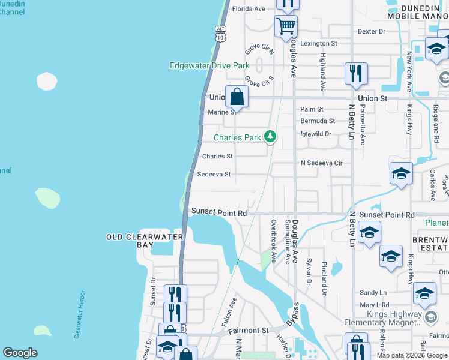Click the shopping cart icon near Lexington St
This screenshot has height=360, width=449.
click(286, 26)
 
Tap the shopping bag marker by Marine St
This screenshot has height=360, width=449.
click(237, 97)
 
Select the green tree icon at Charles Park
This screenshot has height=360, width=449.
click(271, 137)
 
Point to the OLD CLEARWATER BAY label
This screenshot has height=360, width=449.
click(144, 237)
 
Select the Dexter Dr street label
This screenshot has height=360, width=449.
click(371, 31)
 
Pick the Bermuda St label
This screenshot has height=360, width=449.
click(318, 121)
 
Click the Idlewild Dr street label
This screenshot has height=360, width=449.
click(316, 134)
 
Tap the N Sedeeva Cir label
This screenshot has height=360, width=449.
click(321, 163)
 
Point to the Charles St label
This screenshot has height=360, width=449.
click(217, 157)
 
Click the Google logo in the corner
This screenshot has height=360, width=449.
click(20, 353)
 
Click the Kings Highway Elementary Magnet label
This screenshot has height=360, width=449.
click(382, 318)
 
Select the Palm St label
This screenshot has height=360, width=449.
click(312, 109)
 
